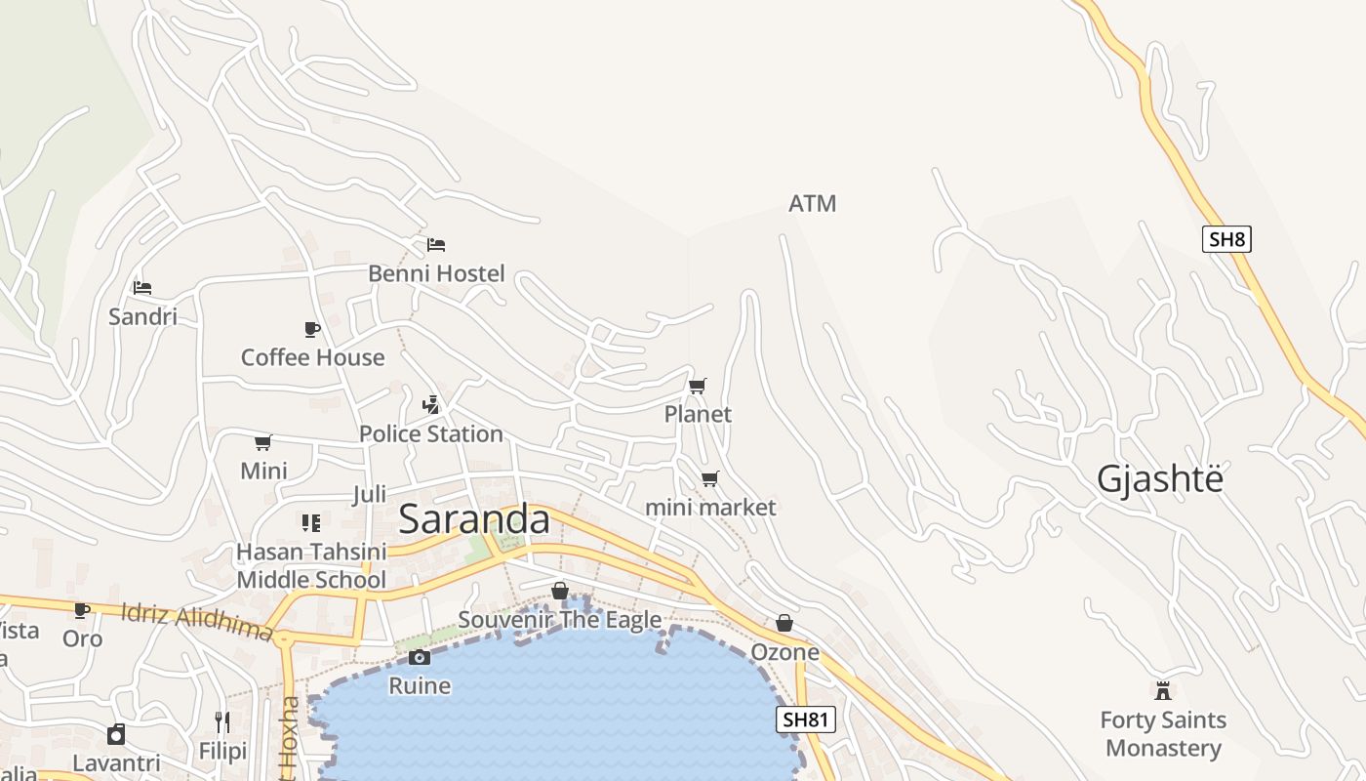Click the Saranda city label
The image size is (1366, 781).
pos(474,519)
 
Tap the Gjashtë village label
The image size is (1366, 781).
pos(1159,479)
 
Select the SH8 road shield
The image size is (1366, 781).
pos(1226,239)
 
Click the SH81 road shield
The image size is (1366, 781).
pos(806,720)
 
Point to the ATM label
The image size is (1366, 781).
pos(812,204)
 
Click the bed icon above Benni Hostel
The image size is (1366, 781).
pos(436,245)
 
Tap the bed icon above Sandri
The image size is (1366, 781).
pos(142,288)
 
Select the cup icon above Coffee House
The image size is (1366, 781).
pos(312,329)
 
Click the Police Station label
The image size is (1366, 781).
pos(431,433)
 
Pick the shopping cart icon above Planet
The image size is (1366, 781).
pos(698,387)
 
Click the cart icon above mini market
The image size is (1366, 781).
pos(710,479)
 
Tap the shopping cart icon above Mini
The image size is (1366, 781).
pos(263,443)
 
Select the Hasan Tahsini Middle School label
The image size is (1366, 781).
pos(311,566)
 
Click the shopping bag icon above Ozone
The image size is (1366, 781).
pos(784,623)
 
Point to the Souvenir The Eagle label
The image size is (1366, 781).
pos(559,620)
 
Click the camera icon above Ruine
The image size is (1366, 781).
pos(420,658)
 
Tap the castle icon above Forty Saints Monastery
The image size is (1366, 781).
pos(1162,691)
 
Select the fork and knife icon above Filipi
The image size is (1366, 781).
pos(222,722)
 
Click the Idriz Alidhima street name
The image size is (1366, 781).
pos(195,622)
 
